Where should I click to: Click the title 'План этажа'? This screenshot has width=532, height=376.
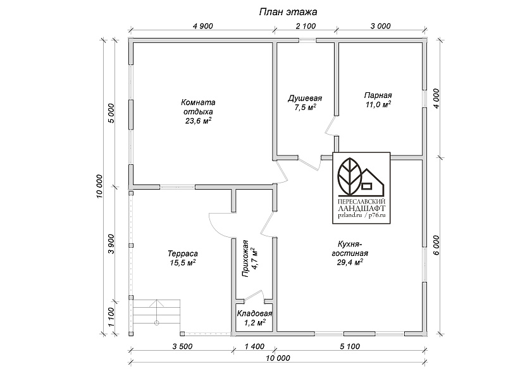288,12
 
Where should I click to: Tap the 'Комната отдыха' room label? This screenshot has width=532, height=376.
198,107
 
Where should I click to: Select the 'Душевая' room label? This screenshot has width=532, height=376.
305,99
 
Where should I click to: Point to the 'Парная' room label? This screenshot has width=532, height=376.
378,95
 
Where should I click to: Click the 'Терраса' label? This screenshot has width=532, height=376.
183,253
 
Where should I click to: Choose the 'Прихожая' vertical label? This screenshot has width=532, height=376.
245,259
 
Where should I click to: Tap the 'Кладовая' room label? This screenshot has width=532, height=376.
254,313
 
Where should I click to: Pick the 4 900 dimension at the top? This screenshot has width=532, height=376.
202,26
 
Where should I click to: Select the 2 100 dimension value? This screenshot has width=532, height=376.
306,26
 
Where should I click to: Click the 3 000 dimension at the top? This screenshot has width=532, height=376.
380,26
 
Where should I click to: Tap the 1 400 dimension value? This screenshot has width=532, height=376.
254,346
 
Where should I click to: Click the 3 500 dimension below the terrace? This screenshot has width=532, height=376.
182,346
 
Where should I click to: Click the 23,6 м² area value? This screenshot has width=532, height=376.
199,121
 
